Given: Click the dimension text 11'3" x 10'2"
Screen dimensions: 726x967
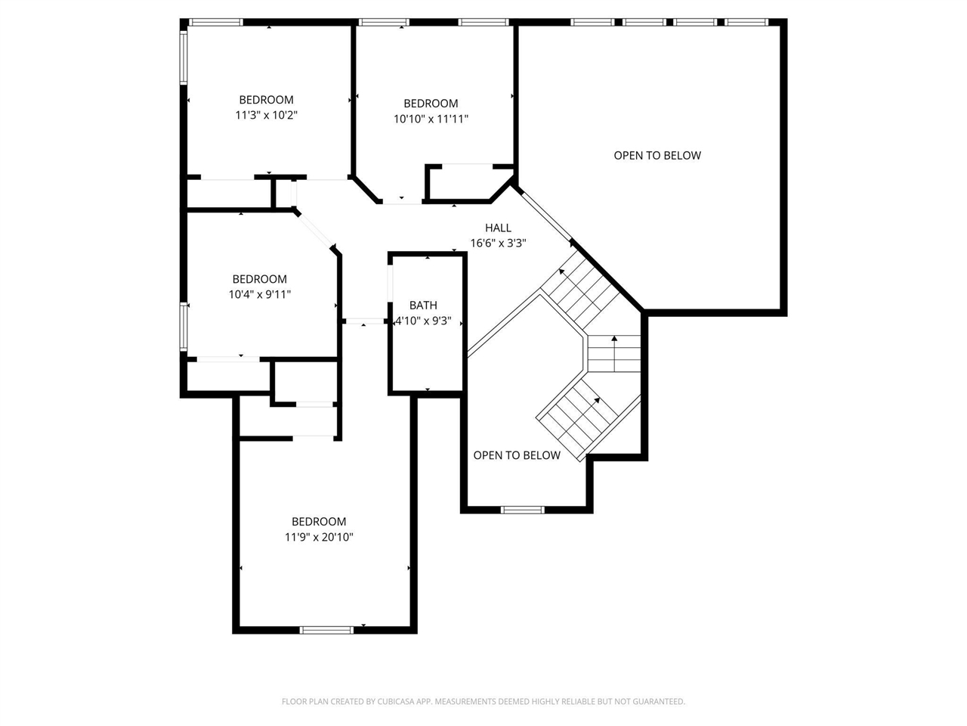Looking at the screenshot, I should (266, 116).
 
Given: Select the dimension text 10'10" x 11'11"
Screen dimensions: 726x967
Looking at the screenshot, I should (431, 119).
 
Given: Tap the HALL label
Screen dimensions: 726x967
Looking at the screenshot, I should (498, 228).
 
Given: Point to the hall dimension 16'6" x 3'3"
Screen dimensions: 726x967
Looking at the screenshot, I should (498, 244).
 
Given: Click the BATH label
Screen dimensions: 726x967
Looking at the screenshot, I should (423, 306).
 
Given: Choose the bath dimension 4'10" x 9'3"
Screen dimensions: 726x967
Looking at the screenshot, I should (424, 321).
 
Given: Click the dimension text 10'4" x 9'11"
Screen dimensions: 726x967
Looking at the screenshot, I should (259, 295).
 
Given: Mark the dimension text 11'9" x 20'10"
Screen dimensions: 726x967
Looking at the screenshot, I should (319, 538).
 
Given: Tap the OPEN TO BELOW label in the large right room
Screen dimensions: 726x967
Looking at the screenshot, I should (657, 156).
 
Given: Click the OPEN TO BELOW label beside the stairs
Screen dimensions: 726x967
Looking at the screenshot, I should (517, 455).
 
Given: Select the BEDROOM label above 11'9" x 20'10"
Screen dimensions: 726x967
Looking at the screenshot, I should (319, 522).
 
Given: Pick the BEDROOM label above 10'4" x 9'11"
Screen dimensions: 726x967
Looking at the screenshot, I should (259, 279).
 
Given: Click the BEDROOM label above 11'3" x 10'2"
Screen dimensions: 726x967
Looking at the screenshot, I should (266, 100).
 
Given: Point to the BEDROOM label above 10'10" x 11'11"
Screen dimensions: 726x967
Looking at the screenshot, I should (431, 104).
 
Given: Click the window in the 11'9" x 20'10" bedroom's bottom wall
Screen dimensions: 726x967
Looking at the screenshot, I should (326, 629).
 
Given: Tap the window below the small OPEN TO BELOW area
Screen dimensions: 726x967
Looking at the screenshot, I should (523, 510).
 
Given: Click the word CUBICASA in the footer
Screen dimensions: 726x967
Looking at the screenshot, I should (391, 702).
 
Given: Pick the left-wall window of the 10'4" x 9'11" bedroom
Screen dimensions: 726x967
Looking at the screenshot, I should (183, 325).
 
